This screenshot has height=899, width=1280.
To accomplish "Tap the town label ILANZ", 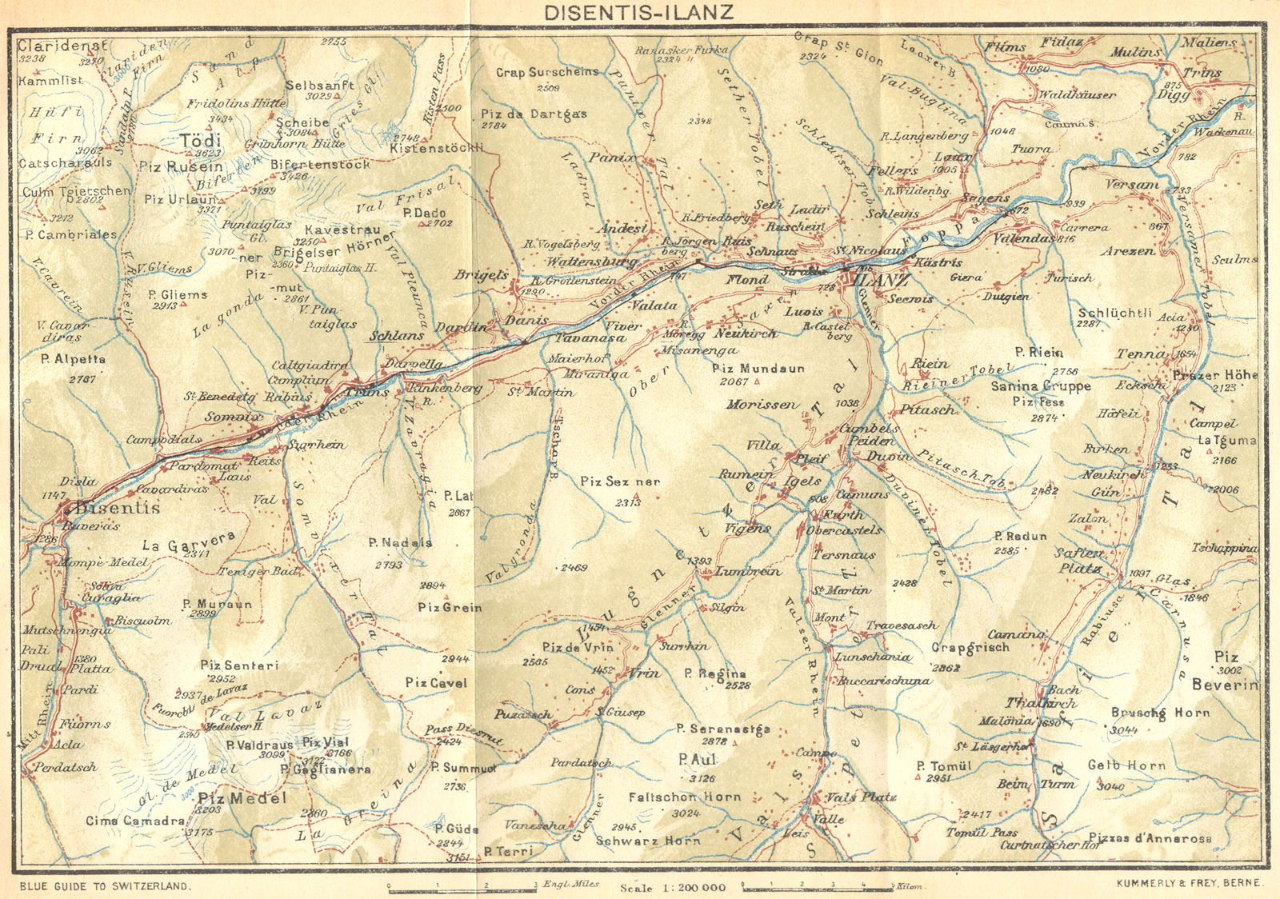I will click(x=882, y=282).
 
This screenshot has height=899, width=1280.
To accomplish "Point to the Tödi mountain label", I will click(x=199, y=141).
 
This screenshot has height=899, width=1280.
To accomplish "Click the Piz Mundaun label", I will click(x=758, y=369).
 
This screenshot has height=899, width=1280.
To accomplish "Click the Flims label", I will click(x=1006, y=47).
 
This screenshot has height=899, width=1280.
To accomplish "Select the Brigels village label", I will click(x=481, y=275).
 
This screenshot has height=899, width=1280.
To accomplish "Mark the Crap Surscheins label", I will click(x=546, y=72).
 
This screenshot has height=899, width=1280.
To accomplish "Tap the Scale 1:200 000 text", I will click(x=672, y=887).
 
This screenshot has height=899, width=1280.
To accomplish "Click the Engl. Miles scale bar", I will click(x=462, y=886).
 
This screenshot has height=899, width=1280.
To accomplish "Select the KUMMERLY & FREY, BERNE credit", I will click(x=1187, y=883).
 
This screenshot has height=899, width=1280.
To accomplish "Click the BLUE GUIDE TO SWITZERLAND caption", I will click(x=105, y=885).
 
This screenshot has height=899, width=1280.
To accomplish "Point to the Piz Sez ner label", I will click(x=621, y=481).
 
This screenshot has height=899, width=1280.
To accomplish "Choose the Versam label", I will click(x=1131, y=184).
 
